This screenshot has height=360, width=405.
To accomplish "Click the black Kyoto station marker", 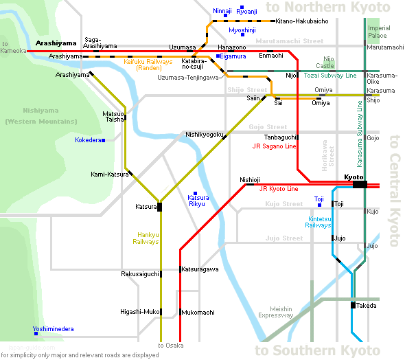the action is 360,185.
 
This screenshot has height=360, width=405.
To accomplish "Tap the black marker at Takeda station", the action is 353,305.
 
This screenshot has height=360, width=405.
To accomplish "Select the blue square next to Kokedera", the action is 104,140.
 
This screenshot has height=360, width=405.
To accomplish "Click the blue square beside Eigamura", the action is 218,56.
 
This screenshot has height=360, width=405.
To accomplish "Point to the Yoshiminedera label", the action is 54,329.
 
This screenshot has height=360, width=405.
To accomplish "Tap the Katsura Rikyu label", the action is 198,201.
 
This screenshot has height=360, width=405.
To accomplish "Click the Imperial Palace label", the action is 379,32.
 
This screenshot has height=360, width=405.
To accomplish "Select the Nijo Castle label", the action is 325,63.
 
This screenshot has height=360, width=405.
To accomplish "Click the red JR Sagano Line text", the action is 274,146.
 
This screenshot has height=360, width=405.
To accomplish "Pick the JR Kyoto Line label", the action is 279,189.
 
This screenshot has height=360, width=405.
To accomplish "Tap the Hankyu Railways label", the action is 146,238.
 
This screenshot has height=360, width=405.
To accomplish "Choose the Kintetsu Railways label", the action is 319,222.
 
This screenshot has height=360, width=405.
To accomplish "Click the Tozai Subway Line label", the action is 330,76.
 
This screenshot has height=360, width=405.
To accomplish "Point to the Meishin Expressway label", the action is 276,312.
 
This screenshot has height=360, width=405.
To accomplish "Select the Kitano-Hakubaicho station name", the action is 302,21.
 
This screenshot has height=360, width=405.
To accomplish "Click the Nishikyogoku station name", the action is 205,135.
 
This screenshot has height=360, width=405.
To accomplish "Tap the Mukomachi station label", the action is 198,313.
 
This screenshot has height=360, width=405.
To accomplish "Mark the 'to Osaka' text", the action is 171,346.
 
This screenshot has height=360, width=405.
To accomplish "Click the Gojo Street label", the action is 268,127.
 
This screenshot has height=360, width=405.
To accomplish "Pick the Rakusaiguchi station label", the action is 140,274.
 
